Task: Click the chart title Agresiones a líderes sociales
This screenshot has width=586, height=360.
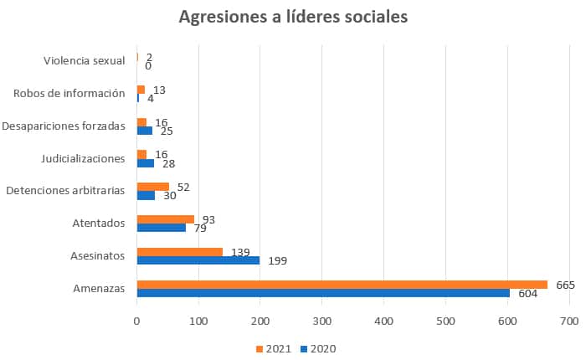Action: coord(293,17)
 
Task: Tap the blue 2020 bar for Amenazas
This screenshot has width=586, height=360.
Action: coord(322,292)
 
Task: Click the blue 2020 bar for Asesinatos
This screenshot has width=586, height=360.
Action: coord(198,260)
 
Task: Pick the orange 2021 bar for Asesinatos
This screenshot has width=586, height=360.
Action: coord(179,252)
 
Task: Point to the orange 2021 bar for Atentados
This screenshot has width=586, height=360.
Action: coord(165,219)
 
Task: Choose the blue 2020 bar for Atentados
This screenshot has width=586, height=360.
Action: coord(161,227)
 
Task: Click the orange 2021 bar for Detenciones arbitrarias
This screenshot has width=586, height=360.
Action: coord(152,187)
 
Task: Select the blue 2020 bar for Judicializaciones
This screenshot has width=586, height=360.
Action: coord(145,162)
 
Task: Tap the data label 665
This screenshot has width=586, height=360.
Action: coord(565,285)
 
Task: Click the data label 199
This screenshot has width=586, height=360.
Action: coord(279,260)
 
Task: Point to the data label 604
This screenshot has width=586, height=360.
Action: coord(528,293)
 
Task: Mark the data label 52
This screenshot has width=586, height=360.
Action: coord(183,186)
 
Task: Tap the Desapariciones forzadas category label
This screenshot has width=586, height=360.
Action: coord(64,126)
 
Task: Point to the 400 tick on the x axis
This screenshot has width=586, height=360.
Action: coord(384,320)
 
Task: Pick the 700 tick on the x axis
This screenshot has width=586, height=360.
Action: coord(569,320)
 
